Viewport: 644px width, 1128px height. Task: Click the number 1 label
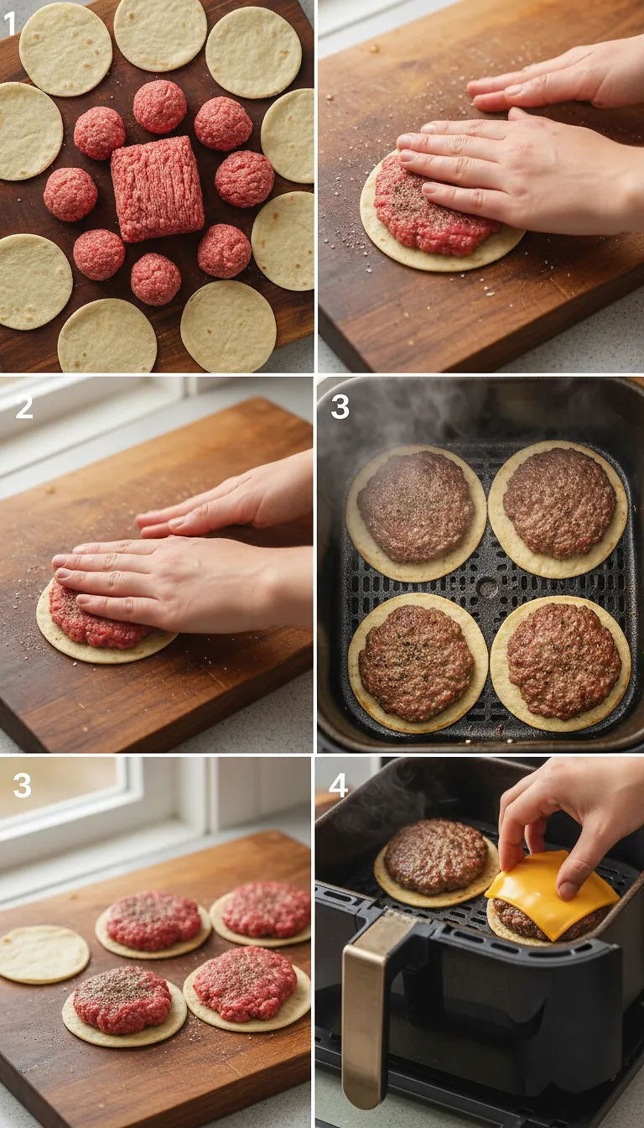click(x=10, y=24)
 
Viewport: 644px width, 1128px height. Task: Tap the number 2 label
click(x=24, y=407)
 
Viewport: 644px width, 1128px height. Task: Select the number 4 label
click(x=338, y=786)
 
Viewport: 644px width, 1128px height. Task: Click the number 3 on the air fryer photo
click(x=340, y=407)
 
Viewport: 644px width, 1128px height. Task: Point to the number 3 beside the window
click(x=22, y=786)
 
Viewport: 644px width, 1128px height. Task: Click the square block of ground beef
click(x=157, y=188)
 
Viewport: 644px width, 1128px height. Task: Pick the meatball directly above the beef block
click(x=159, y=107)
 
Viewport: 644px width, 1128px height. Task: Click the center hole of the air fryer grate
click(x=487, y=587)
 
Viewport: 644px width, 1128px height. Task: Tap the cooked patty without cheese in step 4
click(x=435, y=857)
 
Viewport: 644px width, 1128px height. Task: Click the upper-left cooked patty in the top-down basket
click(x=415, y=506)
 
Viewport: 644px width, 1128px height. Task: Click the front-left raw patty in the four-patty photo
click(x=122, y=1000)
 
